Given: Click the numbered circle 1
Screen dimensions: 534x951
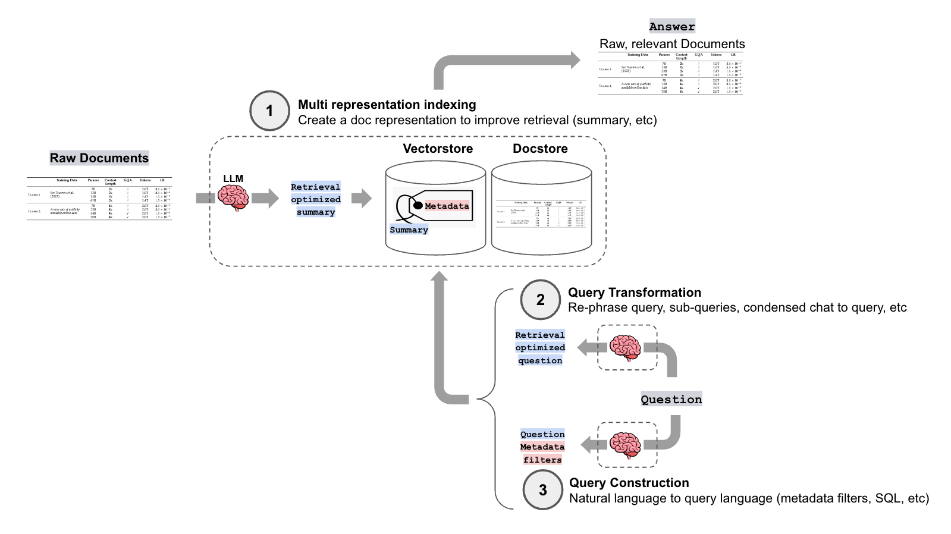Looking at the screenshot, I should [x=269, y=111].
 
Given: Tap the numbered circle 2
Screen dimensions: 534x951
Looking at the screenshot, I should [x=540, y=300].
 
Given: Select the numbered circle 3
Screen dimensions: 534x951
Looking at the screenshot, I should [x=542, y=490].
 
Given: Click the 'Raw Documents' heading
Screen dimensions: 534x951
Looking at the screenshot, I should [x=99, y=158].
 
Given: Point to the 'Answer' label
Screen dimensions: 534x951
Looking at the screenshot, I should [x=671, y=27].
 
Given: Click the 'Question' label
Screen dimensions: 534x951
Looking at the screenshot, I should [x=671, y=400].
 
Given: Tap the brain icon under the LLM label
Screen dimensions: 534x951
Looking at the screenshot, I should [x=233, y=197].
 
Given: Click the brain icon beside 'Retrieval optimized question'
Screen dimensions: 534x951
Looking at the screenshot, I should [x=625, y=348].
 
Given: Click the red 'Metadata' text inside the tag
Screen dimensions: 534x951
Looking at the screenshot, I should [x=447, y=206].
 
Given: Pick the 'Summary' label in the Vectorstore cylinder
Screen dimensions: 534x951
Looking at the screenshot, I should [x=409, y=230].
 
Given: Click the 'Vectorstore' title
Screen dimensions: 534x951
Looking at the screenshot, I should [x=438, y=149].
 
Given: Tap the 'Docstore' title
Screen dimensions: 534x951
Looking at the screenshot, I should [x=540, y=149].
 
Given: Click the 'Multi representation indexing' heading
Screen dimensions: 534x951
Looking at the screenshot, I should [x=387, y=105].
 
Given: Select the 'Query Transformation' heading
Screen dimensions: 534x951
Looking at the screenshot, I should [x=635, y=293].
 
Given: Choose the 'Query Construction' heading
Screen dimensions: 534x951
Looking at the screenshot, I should [x=629, y=483].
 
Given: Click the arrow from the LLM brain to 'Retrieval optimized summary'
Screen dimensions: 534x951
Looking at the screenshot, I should [x=265, y=198].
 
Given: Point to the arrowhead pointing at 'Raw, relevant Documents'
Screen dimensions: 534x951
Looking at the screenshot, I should [x=575, y=59].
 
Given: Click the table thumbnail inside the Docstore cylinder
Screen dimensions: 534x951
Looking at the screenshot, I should [x=541, y=214].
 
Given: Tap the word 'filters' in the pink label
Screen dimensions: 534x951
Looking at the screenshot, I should [x=542, y=460].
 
